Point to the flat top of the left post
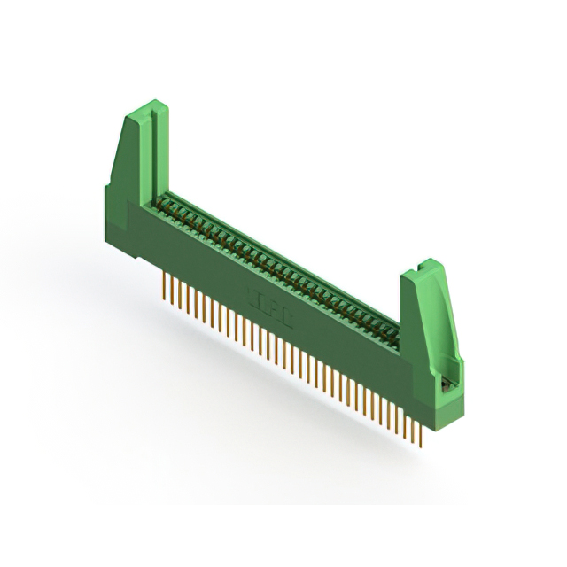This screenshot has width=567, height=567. point(142,109)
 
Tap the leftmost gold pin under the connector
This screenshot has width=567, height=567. point(166,287)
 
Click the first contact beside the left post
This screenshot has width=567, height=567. point(168,202)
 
